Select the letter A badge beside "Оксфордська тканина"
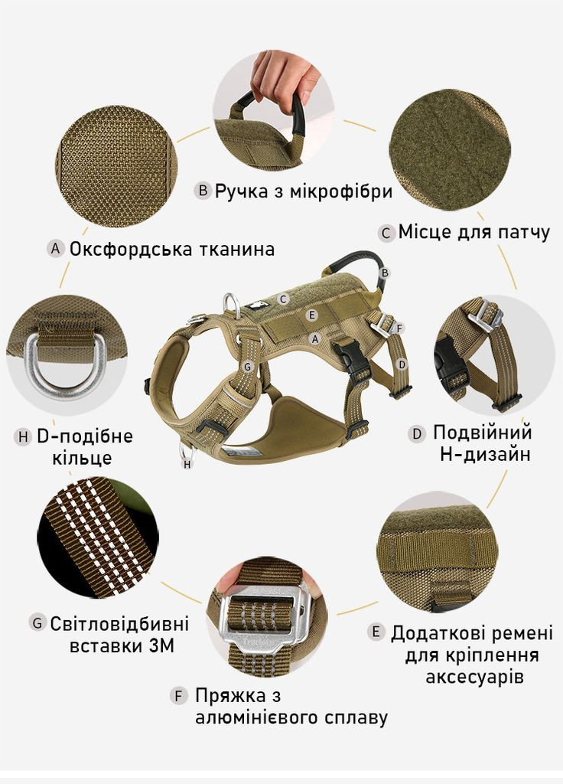pos(54,249)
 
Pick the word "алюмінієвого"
pos(262,717)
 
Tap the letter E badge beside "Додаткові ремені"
pos(375,632)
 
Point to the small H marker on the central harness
pos(187,463)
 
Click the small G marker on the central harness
pos(247,367)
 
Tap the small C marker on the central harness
pos(282,299)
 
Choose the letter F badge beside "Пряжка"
pos(178,696)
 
